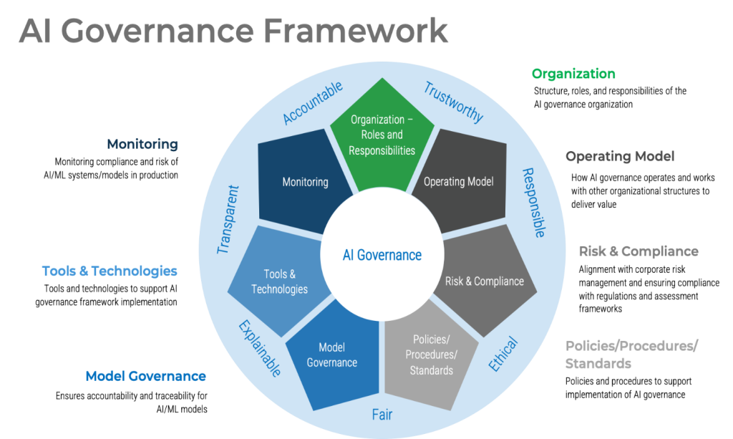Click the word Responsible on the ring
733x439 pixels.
[533, 203]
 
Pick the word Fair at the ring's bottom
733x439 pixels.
[382, 415]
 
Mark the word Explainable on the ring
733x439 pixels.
[258, 349]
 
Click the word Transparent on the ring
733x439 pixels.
[227, 219]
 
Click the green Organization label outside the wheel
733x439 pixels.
[573, 74]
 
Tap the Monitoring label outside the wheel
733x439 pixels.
[142, 144]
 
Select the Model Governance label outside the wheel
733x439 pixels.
[145, 376]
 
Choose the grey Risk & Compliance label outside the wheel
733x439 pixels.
[638, 251]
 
